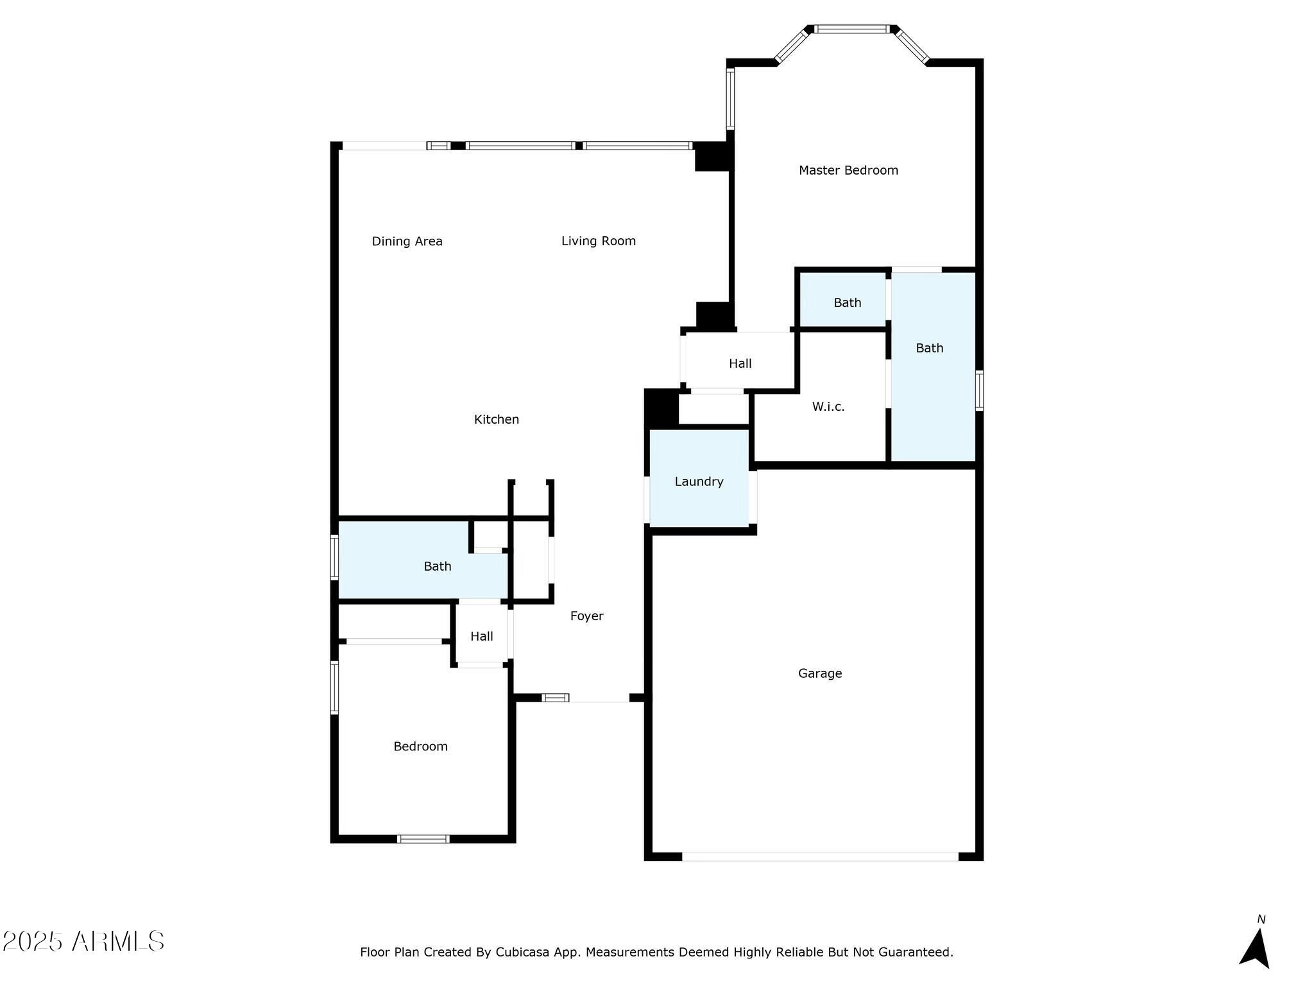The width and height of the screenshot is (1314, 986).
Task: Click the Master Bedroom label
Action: pos(848,170)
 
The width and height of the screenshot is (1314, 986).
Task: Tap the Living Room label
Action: pos(598,241)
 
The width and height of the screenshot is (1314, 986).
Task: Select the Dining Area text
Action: pos(407,241)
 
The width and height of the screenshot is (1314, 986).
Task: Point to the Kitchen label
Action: pos(496,419)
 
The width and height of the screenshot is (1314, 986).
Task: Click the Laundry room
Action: pos(699,481)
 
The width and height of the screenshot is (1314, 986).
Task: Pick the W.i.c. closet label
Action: pos(828,406)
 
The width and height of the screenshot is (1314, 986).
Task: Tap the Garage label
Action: pos(819,673)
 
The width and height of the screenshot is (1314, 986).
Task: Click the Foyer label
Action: pos(586,616)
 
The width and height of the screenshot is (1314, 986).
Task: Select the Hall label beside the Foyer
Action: pos(481,636)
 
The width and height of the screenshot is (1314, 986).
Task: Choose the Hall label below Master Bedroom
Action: pos(740,363)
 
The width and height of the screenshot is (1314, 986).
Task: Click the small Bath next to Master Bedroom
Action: pos(847,302)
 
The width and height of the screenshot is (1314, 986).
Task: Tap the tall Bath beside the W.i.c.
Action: pos(929,348)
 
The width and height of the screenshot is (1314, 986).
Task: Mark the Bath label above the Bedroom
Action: pos(437,566)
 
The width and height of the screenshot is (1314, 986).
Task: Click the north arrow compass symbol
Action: pos(1255,946)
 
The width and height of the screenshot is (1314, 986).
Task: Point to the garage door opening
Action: pos(819,856)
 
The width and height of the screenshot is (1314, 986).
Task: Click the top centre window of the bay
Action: pos(851,29)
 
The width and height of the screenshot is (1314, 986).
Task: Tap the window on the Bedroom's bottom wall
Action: pos(423,838)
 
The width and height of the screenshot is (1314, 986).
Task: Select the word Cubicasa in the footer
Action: pos(522,952)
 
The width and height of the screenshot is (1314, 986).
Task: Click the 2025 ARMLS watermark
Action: pos(83,942)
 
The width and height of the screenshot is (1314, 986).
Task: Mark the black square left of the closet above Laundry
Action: pos(661,408)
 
